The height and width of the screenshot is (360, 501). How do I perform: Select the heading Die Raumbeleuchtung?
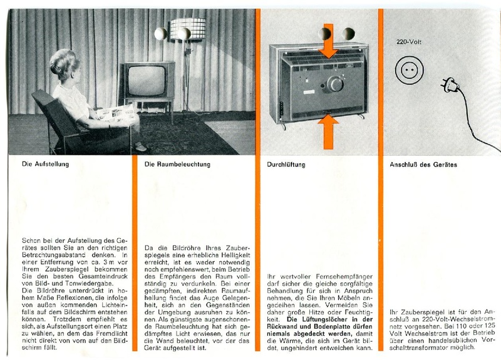pos(177,165)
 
